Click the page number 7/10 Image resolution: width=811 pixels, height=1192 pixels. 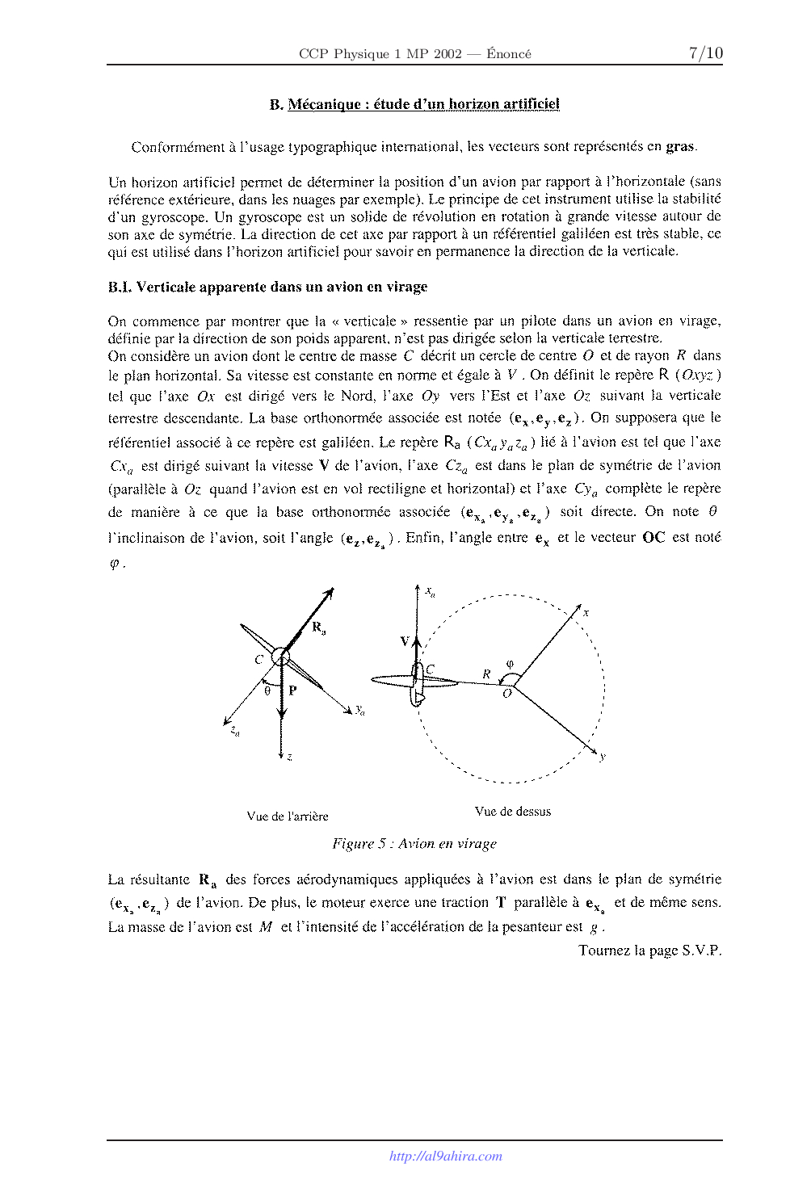705,53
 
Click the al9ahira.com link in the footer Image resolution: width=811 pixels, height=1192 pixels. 445,1156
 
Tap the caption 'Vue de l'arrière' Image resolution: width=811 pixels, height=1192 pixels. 288,816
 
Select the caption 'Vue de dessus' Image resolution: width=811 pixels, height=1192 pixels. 513,812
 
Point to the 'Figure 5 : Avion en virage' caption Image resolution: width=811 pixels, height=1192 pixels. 414,844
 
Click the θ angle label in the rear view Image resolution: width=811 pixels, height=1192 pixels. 267,691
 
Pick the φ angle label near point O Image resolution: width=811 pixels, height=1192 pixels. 510,665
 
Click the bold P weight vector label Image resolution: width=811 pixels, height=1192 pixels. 292,690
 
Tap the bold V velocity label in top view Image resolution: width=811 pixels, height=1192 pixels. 405,641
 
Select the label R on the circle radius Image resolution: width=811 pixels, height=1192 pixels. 486,674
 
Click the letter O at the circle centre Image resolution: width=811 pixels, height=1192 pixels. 507,694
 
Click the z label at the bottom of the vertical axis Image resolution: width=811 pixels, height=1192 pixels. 289,757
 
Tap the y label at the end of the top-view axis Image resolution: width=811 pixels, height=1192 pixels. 603,757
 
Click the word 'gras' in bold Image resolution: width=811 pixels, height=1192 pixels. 680,147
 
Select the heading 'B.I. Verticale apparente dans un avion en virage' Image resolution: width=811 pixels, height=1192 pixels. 267,287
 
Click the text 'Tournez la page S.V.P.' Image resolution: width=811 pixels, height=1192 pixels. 649,951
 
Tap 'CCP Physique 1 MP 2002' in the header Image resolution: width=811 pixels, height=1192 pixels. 380,54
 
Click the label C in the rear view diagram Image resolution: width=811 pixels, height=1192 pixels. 259,659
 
